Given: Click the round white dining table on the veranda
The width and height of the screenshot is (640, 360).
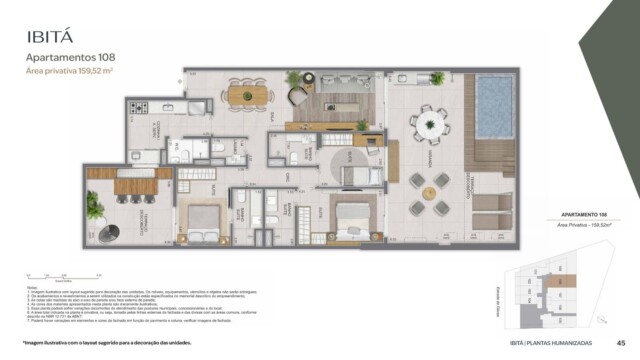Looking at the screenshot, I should pos(430,124).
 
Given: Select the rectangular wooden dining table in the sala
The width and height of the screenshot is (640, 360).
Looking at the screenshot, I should pos(247,94).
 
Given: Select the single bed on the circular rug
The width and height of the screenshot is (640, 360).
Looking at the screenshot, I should pos(358,176).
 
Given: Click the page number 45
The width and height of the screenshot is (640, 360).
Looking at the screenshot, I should pos(621,342).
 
